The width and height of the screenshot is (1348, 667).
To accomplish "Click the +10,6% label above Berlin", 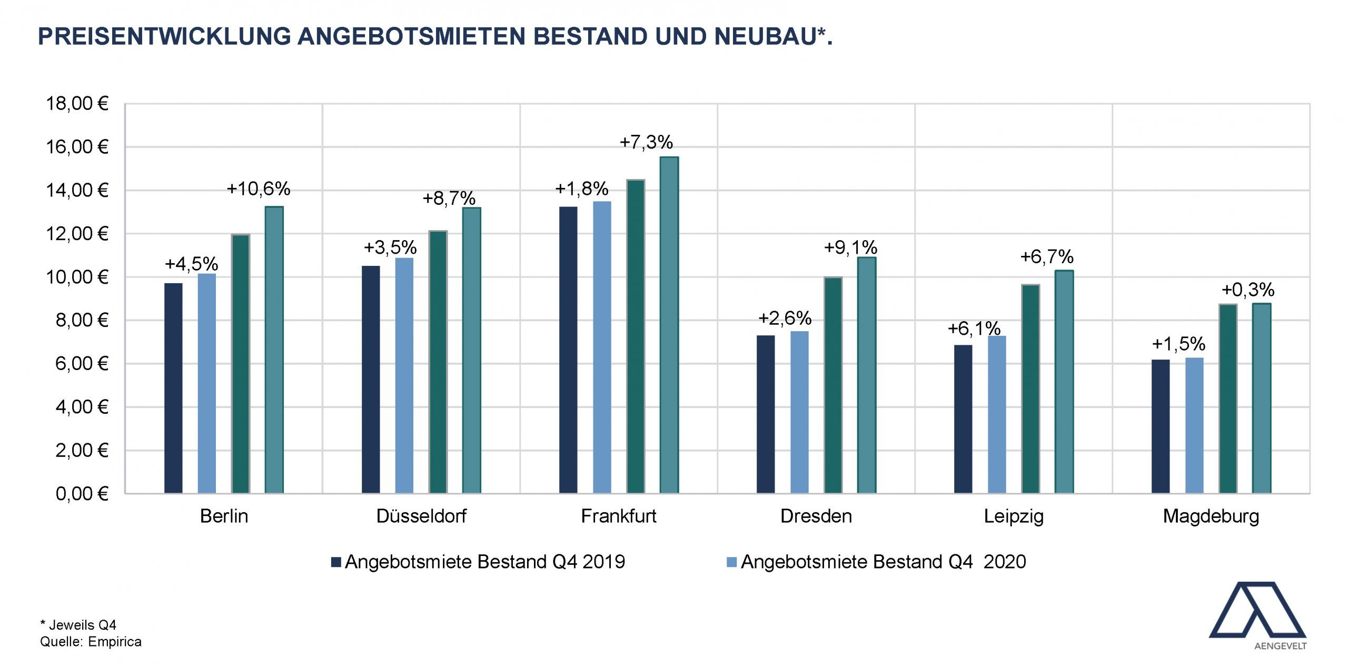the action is (258, 188).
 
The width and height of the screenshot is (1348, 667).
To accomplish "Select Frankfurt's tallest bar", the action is (669, 325).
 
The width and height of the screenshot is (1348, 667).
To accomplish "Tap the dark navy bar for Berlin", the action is (173, 388).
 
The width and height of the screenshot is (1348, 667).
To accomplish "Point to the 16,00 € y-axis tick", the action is (77, 147).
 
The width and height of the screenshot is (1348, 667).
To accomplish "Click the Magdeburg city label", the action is (1211, 516).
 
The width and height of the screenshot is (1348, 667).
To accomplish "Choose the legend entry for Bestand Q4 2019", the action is (478, 562).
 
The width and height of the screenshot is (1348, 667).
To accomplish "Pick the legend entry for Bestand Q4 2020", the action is (876, 562).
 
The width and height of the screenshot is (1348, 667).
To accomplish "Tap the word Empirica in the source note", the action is (115, 642).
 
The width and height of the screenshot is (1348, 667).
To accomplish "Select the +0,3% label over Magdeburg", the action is (1248, 290).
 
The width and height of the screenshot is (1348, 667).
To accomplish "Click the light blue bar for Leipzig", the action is (997, 414).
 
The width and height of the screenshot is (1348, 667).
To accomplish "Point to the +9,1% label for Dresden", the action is (850, 247).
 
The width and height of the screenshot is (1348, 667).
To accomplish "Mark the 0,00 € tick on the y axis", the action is (82, 494).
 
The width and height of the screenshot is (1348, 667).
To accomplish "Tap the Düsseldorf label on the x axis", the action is (421, 516).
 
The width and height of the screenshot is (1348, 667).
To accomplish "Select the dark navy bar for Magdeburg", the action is (1161, 426).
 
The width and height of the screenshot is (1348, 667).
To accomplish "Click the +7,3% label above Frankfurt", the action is (646, 142).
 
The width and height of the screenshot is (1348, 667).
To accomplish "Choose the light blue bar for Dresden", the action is (799, 412).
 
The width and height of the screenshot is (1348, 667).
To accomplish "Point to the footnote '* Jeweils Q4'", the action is (78, 625).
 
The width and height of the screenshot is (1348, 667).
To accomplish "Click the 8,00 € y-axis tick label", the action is (82, 320).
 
